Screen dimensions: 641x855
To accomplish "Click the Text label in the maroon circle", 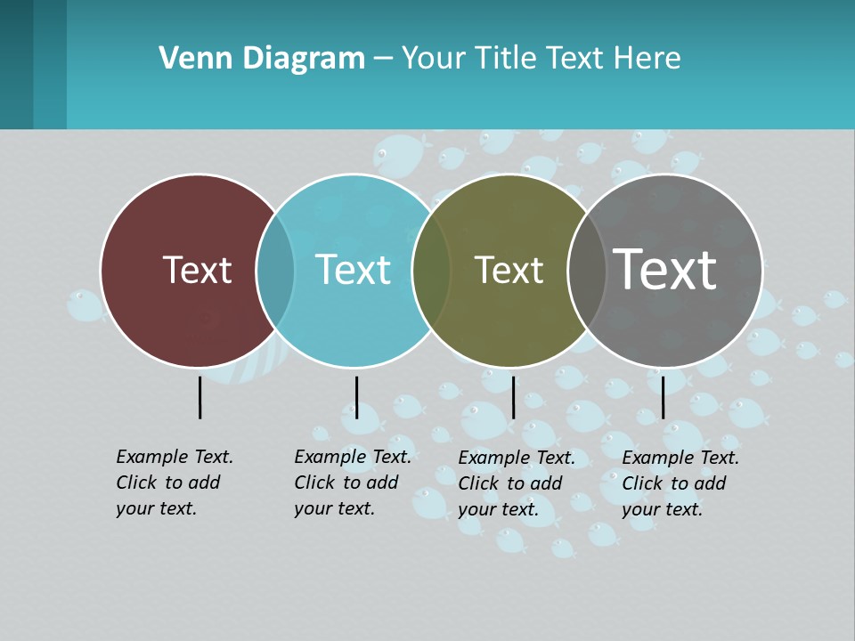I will (x=197, y=270).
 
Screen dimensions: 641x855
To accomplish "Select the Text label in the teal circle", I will (x=353, y=270).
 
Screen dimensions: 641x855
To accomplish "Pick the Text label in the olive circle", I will (x=509, y=270).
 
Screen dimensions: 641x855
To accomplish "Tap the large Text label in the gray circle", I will (x=664, y=269).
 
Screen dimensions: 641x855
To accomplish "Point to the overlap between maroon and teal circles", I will (x=275, y=270).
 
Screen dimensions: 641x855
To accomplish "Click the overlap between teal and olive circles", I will (x=431, y=270).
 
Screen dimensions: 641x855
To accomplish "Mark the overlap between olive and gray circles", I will (x=586, y=270).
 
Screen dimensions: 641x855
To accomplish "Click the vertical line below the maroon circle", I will (x=199, y=397).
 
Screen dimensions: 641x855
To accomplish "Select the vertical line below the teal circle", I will (x=356, y=397).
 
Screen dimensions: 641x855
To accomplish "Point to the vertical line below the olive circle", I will (x=513, y=397).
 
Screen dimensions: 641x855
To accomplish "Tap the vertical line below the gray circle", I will (x=663, y=397).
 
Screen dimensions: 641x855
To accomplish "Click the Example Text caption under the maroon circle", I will (x=174, y=483).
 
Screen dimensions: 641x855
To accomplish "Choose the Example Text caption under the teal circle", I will (x=352, y=483).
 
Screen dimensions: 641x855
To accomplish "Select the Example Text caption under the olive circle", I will (x=516, y=483).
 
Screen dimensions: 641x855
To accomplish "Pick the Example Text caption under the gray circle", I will (x=680, y=483).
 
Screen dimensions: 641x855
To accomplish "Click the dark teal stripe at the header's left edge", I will (x=16, y=64).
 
